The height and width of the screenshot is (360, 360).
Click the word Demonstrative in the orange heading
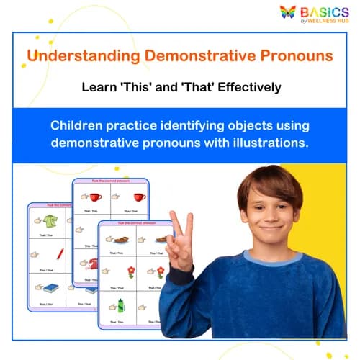coord(194,55)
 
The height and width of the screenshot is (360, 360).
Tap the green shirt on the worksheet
coord(50,221)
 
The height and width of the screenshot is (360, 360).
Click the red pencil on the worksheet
coord(60,253)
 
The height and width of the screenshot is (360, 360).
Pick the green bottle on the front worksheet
coord(121,305)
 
